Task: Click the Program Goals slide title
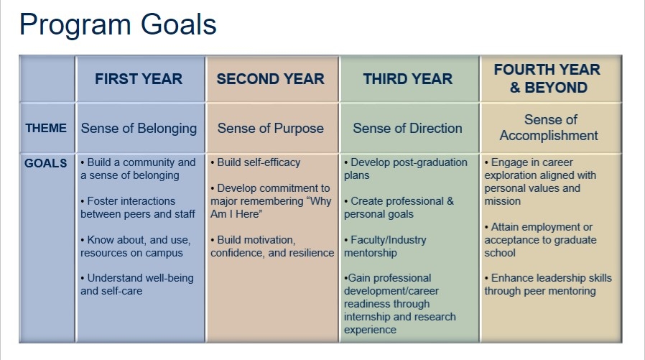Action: tap(118, 25)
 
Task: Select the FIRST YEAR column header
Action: tap(139, 79)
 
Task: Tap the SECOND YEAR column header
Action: tap(271, 79)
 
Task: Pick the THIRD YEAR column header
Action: tap(408, 79)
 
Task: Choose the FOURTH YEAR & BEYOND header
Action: tap(547, 78)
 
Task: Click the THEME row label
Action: tap(46, 129)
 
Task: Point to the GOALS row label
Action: tap(46, 163)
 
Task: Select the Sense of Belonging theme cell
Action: tap(139, 129)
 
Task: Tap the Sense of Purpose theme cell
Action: tap(271, 129)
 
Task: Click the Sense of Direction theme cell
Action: tap(408, 129)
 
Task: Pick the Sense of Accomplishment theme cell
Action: tap(549, 127)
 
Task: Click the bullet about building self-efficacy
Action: tap(256, 162)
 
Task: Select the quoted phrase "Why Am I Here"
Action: tap(271, 208)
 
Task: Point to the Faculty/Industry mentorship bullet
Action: tap(385, 246)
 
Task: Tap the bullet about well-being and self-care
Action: tap(137, 285)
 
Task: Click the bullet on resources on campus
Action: tap(135, 246)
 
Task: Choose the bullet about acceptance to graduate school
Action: tap(540, 240)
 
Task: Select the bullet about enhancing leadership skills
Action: tap(548, 285)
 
